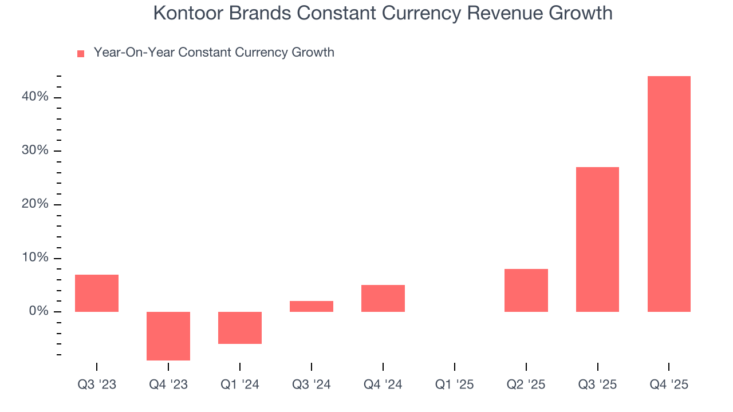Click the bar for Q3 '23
[x=97, y=293]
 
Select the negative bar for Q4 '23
[x=168, y=336]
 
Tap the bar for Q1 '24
[x=240, y=328]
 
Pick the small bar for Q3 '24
[x=312, y=307]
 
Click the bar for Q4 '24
[x=383, y=298]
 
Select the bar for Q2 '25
[x=526, y=290]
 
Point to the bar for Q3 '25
[x=597, y=239]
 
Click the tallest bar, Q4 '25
[x=669, y=194]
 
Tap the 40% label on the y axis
[x=35, y=97]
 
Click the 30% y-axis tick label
[x=35, y=150]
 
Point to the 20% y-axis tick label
[x=35, y=204]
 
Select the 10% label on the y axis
[x=35, y=258]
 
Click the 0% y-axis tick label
[x=38, y=312]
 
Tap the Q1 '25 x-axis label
[x=455, y=385]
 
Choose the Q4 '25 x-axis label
[x=669, y=385]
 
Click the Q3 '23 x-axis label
[x=97, y=385]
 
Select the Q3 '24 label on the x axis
[x=312, y=385]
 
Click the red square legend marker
[x=81, y=53]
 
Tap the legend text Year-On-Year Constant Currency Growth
[x=214, y=53]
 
